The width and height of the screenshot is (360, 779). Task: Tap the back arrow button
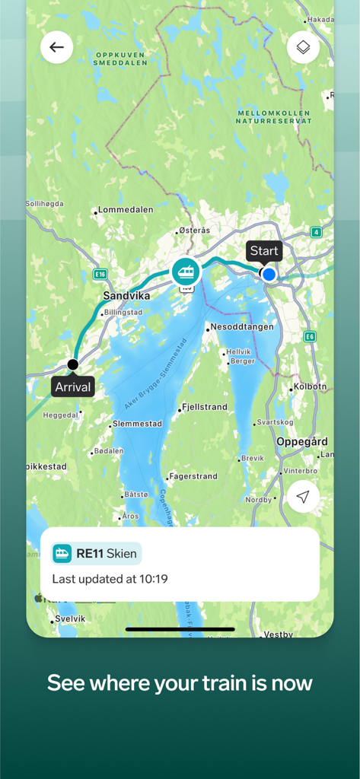coord(57,47)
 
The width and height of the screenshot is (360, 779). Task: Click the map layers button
coord(303,47)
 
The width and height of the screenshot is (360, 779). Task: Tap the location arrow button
coord(303,498)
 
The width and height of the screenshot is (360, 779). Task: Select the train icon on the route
coord(185,271)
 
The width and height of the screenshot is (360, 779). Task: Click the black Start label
coord(264,251)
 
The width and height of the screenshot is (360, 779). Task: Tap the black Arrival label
coord(73,387)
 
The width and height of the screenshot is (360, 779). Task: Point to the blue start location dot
coord(269,274)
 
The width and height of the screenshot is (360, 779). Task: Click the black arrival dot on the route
coord(73,364)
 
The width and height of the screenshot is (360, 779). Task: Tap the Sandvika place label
coord(126,296)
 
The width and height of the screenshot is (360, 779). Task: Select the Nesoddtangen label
coord(243,326)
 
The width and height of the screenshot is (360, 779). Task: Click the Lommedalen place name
coord(126,210)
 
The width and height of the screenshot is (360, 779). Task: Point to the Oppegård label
coord(302,441)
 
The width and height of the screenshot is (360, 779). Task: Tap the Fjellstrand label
coord(205,407)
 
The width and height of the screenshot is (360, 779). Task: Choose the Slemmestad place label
coord(137,424)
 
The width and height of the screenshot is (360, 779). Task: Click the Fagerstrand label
coord(193,476)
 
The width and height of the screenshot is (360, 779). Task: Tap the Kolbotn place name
coord(311,386)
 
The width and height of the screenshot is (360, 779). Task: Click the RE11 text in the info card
coord(90,553)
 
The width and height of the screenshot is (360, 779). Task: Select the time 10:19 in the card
coord(154,579)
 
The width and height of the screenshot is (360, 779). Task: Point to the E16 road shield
coord(100,273)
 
